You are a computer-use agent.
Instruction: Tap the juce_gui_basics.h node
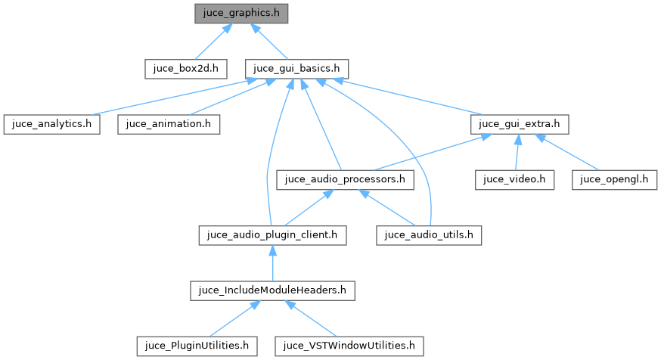click(296, 69)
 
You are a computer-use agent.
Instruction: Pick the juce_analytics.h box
click(51, 124)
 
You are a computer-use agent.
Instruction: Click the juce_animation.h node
click(169, 124)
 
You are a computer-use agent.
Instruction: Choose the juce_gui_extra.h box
click(519, 124)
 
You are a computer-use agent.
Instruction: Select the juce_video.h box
click(515, 180)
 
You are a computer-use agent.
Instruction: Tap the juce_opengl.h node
click(615, 180)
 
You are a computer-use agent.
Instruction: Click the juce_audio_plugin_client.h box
click(272, 235)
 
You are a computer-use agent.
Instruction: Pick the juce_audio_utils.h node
click(429, 235)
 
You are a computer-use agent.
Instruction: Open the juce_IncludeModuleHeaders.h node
click(272, 290)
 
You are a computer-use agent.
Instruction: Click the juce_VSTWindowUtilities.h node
click(349, 346)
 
